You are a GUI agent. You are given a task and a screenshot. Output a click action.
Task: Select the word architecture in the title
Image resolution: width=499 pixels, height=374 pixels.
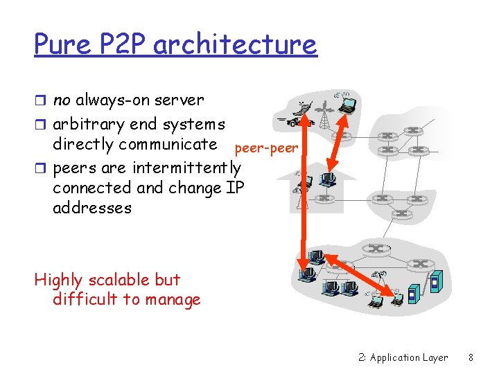pos(235,45)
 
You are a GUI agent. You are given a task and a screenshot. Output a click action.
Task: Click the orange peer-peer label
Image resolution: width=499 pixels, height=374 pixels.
pos(266,148)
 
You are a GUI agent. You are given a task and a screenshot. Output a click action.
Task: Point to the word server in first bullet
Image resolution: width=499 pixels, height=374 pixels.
pos(180,100)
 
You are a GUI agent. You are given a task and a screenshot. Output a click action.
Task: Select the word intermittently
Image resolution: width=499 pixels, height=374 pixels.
pos(186,168)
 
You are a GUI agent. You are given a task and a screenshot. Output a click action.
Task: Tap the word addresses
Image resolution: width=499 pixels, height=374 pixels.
pos(91,208)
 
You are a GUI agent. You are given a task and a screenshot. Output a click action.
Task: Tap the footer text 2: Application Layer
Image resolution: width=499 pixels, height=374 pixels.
pos(403,357)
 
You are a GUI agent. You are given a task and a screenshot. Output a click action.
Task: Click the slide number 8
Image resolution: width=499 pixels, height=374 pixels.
pos(471,357)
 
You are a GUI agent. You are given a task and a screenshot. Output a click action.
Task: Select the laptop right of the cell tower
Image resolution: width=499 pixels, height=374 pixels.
pos(346,105)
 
